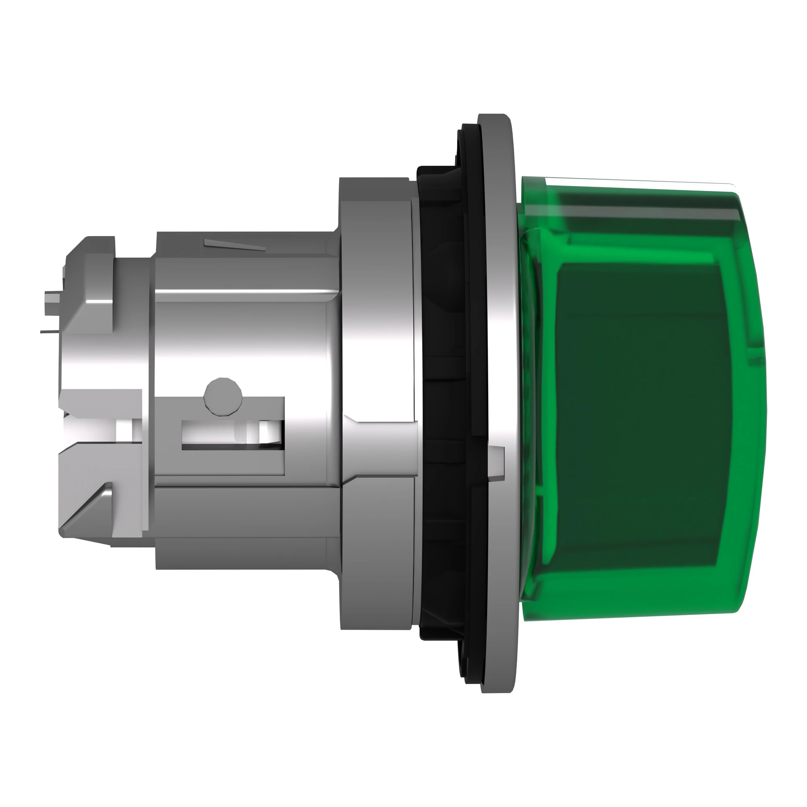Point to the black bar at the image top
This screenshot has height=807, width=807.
[x=403, y=40]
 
